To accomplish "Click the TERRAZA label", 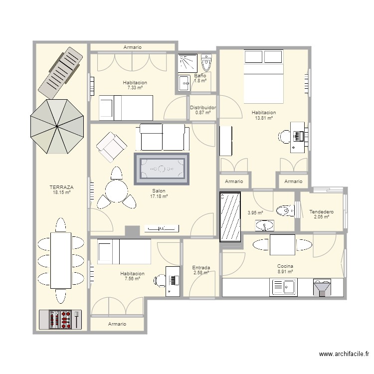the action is tap(61, 187).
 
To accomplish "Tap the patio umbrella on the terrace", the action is tap(57, 127).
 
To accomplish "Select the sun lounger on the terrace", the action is tap(60, 73).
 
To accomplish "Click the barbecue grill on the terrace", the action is tap(60, 320).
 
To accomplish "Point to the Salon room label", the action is tap(159, 191).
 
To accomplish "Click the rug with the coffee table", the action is tap(162, 169).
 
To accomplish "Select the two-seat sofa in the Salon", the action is tap(163, 137).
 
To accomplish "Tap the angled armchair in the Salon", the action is tap(111, 147).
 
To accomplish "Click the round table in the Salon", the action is tap(117, 191).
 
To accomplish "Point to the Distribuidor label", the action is tap(203, 108).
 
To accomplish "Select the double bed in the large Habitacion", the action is tap(264, 76).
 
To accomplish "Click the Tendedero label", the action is tap(321, 211).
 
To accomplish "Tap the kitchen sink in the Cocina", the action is tap(283, 287).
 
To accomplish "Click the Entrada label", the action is tap(201, 268).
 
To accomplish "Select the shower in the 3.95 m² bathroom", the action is tap(230, 216).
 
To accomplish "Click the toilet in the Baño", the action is tap(206, 62).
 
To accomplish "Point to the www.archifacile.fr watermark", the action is tap(344, 354).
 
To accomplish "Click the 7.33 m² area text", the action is tap(135, 88).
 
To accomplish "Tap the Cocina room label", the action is tap(285, 266).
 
